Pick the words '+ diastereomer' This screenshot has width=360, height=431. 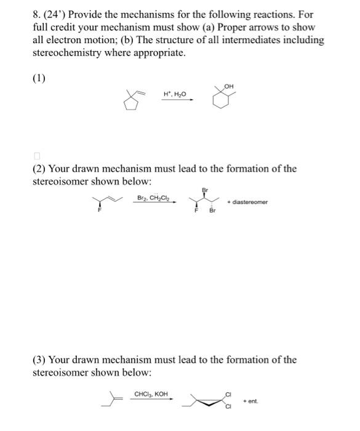(x=247, y=202)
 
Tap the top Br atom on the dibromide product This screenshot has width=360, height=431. (x=204, y=190)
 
